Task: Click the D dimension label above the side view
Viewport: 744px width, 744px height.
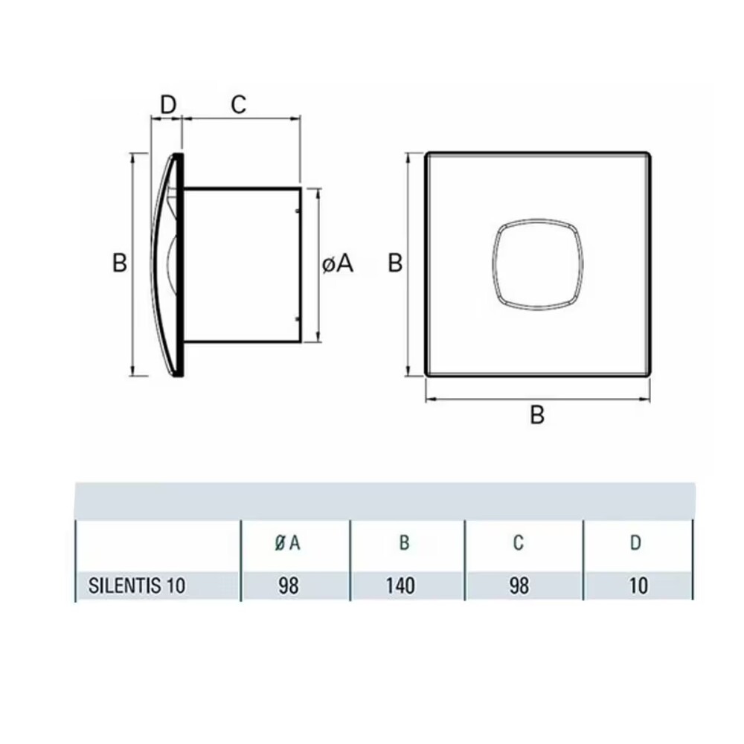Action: tap(169, 104)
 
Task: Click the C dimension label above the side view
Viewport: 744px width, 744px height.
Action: tap(237, 104)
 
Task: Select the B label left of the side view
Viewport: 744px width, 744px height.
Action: tap(119, 263)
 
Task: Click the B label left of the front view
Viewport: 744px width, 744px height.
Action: tap(396, 263)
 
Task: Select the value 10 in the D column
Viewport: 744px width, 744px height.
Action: tap(638, 586)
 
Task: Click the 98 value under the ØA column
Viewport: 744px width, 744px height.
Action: tap(288, 586)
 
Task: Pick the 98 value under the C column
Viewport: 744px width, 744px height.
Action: tap(519, 586)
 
